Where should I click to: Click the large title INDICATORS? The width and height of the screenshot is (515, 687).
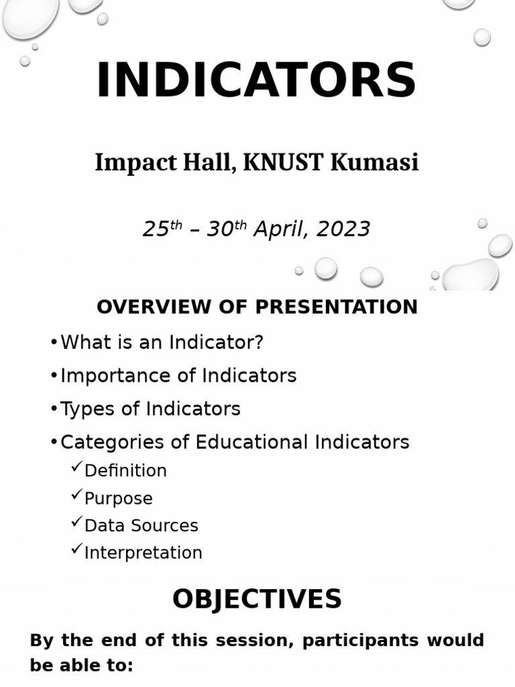pyautogui.click(x=256, y=81)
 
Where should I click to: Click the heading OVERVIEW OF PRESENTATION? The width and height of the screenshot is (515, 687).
pyautogui.click(x=257, y=307)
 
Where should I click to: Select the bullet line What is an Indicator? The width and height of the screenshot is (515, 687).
pyautogui.click(x=162, y=342)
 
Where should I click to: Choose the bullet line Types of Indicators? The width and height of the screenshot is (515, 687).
pyautogui.click(x=150, y=409)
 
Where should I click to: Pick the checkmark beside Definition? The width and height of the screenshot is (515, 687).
pyautogui.click(x=76, y=467)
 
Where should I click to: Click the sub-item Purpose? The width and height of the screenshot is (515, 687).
pyautogui.click(x=119, y=498)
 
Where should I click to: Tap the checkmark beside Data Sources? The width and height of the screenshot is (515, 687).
pyautogui.click(x=76, y=522)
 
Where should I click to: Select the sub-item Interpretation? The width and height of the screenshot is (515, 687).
pyautogui.click(x=143, y=553)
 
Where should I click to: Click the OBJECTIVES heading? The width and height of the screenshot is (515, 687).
pyautogui.click(x=257, y=599)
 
